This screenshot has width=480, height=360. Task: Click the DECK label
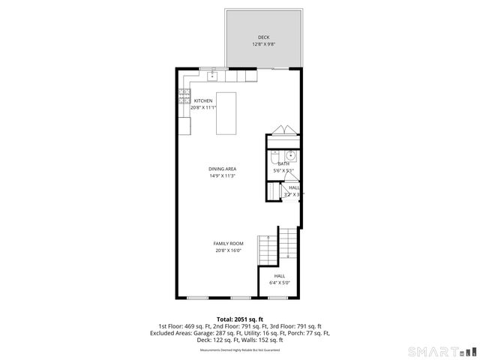click(x=263, y=37)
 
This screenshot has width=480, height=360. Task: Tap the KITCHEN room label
click(x=203, y=100)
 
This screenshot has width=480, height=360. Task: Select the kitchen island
click(x=226, y=113)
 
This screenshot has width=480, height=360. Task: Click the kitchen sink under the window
click(x=212, y=75)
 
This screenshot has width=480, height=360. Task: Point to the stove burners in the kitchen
click(x=184, y=95)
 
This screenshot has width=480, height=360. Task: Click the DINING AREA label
click(x=223, y=169)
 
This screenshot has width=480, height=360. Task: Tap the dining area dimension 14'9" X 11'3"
click(x=223, y=176)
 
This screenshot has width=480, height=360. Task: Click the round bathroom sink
click(x=292, y=156)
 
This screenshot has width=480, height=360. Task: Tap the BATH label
click(x=284, y=163)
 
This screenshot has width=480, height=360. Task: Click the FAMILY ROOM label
click(x=228, y=244)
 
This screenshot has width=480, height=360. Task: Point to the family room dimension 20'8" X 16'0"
click(x=228, y=251)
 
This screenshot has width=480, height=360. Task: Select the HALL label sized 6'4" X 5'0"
click(x=279, y=276)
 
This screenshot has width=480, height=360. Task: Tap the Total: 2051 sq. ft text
click(x=239, y=319)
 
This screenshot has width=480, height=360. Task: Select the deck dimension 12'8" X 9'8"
click(x=263, y=44)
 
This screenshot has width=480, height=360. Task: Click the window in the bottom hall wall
click(x=278, y=298)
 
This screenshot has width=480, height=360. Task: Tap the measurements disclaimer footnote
click(x=239, y=349)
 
